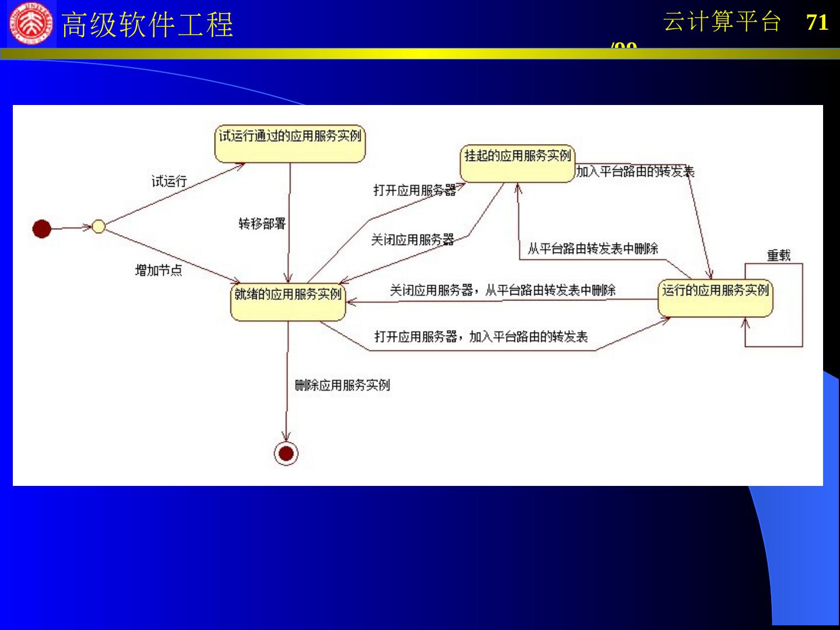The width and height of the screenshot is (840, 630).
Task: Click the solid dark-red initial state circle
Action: tap(42, 228)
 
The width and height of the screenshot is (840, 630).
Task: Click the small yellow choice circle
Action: tap(99, 226)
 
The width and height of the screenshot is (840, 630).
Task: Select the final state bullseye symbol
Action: tap(286, 453)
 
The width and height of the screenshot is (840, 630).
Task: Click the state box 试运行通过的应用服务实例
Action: tap(290, 143)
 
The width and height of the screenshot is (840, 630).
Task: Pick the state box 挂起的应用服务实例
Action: tap(517, 164)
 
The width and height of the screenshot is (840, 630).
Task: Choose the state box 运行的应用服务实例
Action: tap(715, 298)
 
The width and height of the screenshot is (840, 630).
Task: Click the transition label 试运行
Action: tap(169, 181)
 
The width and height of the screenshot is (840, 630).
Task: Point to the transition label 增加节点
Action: tap(159, 270)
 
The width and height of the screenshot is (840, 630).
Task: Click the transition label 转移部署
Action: tap(262, 223)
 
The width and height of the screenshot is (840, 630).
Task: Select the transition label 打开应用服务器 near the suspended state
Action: tap(415, 190)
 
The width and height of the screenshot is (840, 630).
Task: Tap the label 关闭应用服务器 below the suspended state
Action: tap(412, 240)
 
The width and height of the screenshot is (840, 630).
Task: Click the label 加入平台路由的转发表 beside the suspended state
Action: tap(635, 171)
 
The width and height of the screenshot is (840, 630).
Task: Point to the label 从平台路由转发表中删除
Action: tap(593, 249)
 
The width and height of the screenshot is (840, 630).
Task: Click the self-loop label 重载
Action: tap(779, 256)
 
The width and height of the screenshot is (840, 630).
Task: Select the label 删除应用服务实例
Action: tap(342, 385)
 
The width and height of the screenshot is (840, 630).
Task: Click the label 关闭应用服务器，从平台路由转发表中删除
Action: tap(503, 290)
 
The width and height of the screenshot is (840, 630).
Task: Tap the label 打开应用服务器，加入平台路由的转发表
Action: tap(481, 337)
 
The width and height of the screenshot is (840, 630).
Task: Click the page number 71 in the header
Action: tap(817, 23)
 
